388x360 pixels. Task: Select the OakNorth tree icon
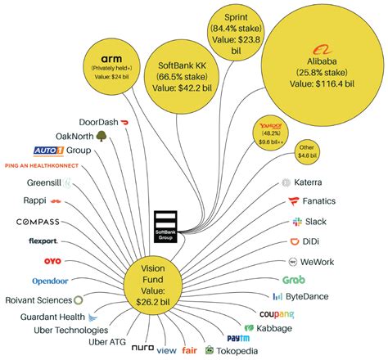(x=101, y=136)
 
